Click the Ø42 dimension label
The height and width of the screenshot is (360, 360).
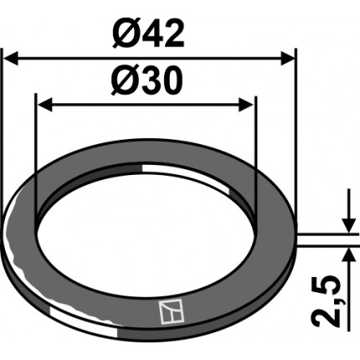click(148, 34)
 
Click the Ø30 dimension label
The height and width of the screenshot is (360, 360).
click(147, 80)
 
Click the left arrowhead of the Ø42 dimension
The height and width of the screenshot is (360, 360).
click(12, 59)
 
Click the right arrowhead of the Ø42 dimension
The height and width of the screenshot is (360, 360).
click(287, 59)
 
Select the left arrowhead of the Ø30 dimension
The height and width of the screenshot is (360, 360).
click(45, 105)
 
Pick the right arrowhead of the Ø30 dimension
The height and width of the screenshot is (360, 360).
click(246, 105)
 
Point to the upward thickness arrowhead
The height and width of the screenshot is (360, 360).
click(349, 255)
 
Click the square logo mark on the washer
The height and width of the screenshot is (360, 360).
click(172, 312)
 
